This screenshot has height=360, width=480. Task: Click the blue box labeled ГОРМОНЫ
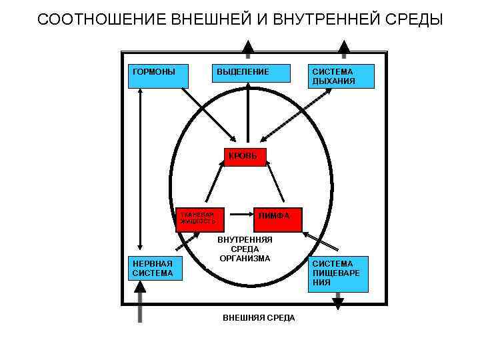click(156, 76)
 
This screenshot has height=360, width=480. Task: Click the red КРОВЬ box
click(245, 157)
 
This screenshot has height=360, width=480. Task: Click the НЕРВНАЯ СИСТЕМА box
click(155, 268)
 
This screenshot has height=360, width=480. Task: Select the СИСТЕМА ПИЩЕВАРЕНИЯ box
click(339, 273)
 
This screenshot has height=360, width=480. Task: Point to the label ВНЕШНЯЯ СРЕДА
click(259, 318)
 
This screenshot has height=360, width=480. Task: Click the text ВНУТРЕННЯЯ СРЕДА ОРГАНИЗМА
click(245, 249)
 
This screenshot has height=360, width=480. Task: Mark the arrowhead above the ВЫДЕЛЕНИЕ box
click(247, 47)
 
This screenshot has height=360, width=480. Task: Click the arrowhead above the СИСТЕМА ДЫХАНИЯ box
click(344, 47)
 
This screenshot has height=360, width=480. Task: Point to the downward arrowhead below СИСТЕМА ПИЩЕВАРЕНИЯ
click(338, 304)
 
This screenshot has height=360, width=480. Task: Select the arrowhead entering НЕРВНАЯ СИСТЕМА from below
click(140, 287)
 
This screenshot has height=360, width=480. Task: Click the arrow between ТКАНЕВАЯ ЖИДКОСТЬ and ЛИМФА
click(240, 215)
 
